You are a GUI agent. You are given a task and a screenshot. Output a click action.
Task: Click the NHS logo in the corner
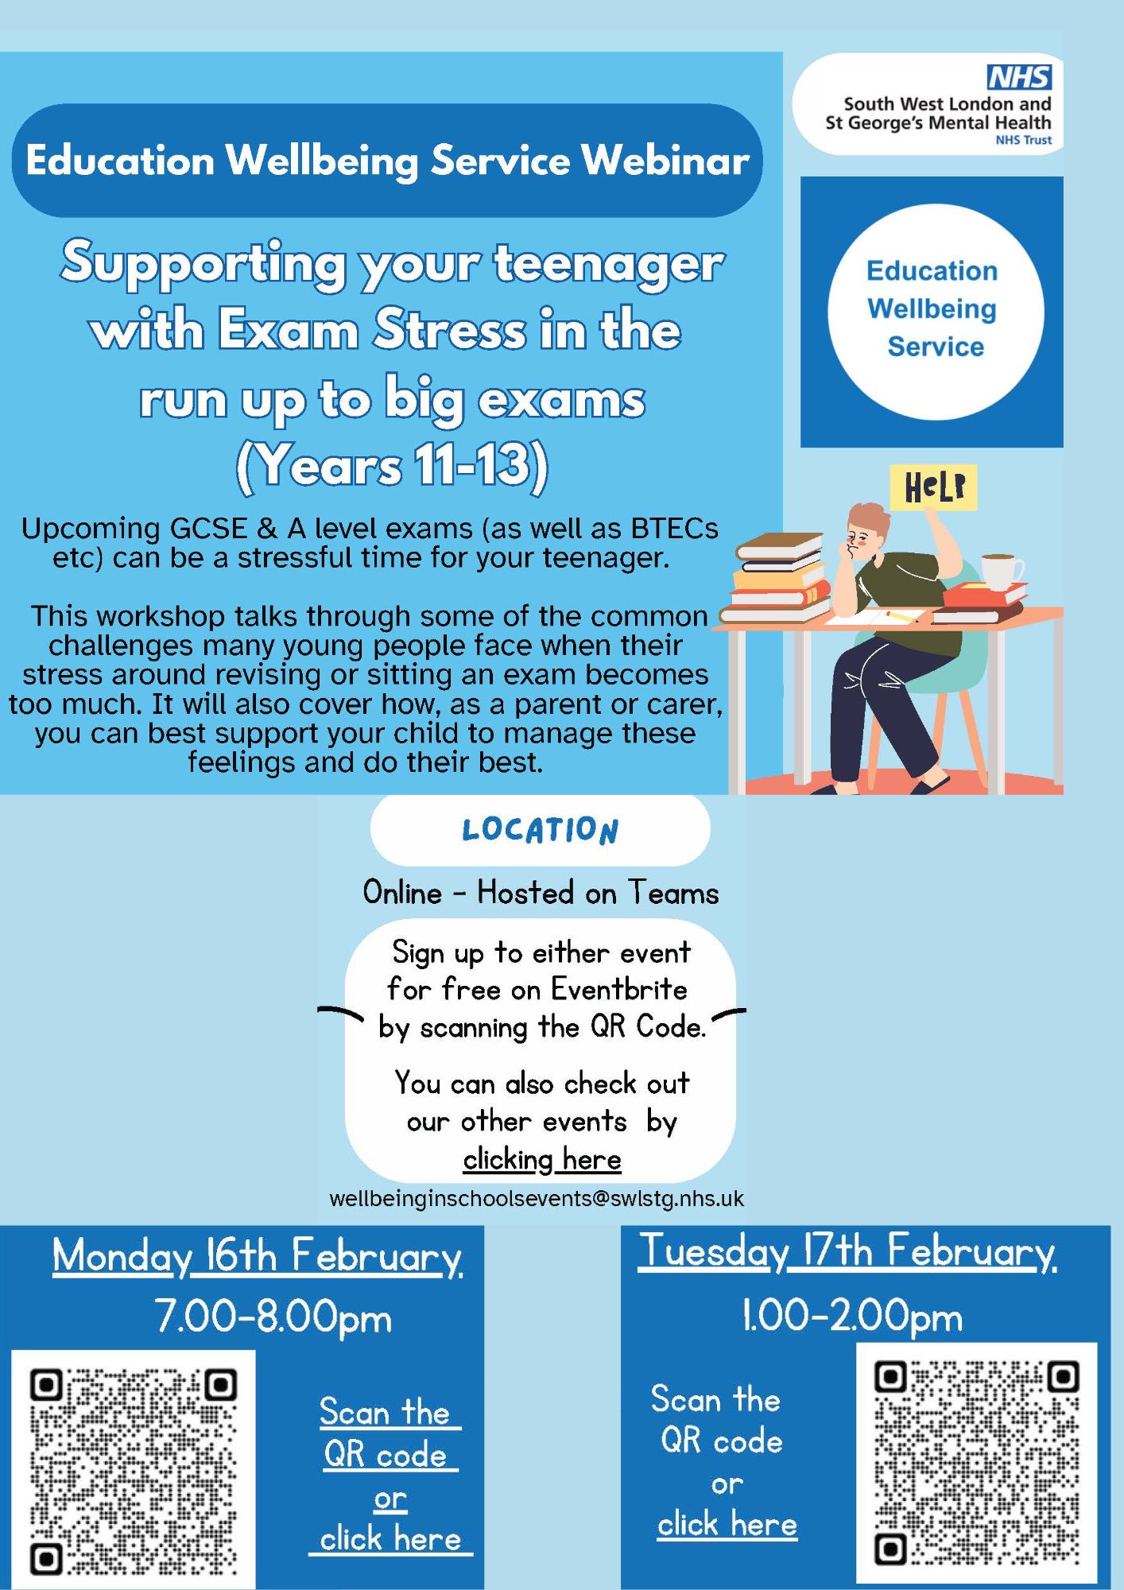pyautogui.click(x=1019, y=77)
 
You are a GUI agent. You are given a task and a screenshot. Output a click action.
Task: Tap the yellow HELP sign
pyautogui.click(x=933, y=487)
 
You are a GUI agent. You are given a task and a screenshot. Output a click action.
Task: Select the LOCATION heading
pyautogui.click(x=541, y=830)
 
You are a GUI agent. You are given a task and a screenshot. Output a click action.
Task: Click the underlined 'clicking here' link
pyautogui.click(x=542, y=1160)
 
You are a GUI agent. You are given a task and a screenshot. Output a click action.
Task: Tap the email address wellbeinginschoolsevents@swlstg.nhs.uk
pyautogui.click(x=537, y=1198)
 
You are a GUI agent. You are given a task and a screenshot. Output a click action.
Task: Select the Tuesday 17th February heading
pyautogui.click(x=847, y=1252)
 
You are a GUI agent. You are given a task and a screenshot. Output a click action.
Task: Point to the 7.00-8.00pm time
pyautogui.click(x=273, y=1317)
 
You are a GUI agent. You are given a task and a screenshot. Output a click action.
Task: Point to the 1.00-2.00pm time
pyautogui.click(x=851, y=1317)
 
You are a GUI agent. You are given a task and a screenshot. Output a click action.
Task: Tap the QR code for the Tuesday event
pyautogui.click(x=976, y=1462)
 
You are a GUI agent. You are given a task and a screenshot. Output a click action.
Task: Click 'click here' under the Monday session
pyautogui.click(x=390, y=1539)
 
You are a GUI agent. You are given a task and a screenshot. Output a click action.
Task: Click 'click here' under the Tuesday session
pyautogui.click(x=727, y=1524)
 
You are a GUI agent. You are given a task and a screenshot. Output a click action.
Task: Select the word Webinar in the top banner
pyautogui.click(x=665, y=161)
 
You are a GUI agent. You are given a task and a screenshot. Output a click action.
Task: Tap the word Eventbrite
pyautogui.click(x=619, y=990)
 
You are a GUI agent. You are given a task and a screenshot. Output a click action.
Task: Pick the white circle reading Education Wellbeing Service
pyautogui.click(x=935, y=312)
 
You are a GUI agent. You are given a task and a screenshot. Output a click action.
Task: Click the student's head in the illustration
pyautogui.click(x=867, y=529)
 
